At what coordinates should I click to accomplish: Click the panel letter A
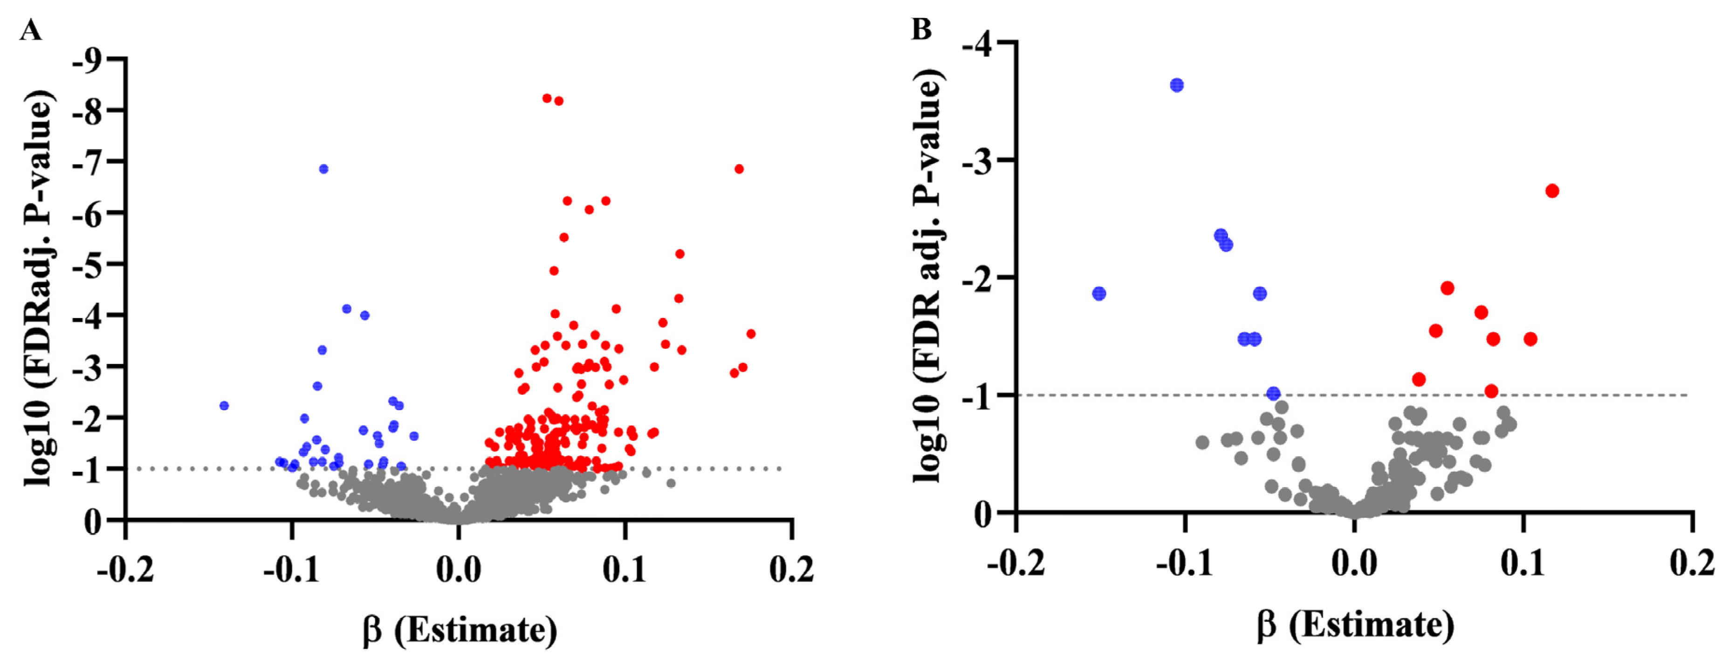pyautogui.click(x=30, y=30)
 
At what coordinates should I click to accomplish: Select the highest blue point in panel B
pyautogui.click(x=1177, y=85)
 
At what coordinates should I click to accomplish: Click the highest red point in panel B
pyautogui.click(x=1552, y=191)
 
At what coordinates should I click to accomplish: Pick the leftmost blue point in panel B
pyautogui.click(x=1099, y=293)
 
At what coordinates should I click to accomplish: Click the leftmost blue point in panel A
pyautogui.click(x=224, y=406)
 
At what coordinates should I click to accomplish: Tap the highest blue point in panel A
pyautogui.click(x=323, y=169)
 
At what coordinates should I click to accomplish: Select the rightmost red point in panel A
pyautogui.click(x=751, y=334)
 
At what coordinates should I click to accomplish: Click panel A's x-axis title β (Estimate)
pyautogui.click(x=460, y=630)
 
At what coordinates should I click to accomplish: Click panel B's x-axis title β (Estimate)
pyautogui.click(x=1355, y=626)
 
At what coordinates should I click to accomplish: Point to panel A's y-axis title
pyautogui.click(x=39, y=287)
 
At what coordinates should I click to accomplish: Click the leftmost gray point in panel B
pyautogui.click(x=1202, y=443)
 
